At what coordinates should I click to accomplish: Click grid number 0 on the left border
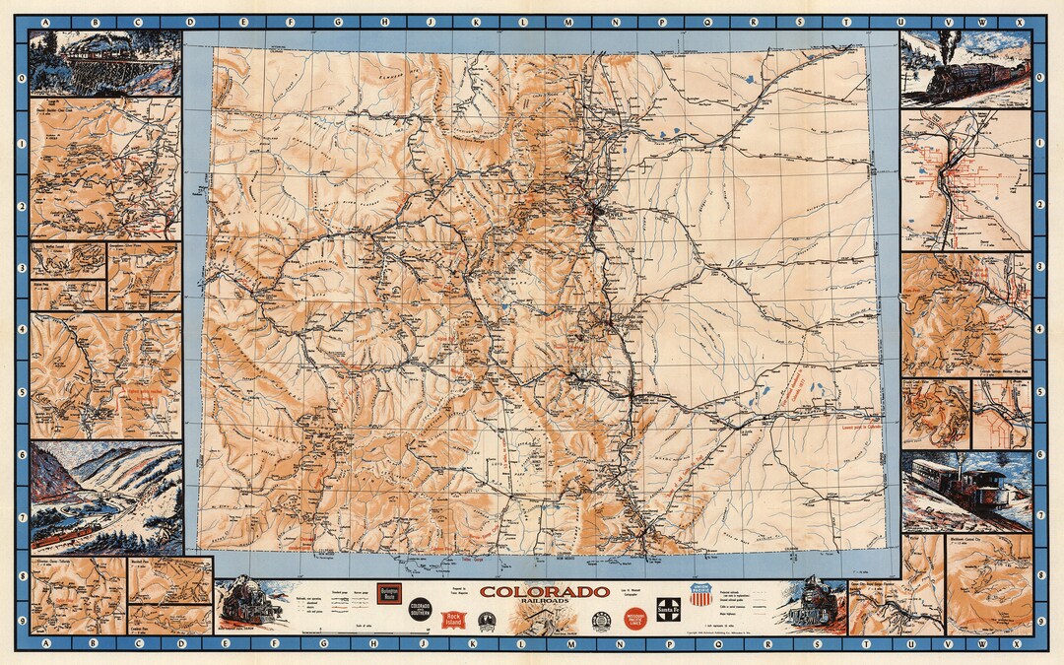[x=21, y=76]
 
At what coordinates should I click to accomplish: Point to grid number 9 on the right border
[x=1039, y=623]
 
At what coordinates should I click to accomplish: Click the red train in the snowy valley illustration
[x=65, y=537]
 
